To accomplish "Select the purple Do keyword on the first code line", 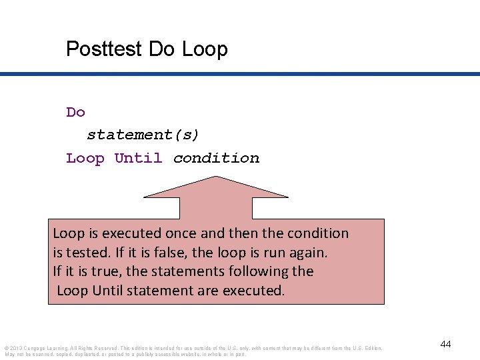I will [75, 112].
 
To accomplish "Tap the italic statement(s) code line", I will [143, 135].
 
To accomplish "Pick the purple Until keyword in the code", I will [138, 158].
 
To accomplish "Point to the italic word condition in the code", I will [216, 158].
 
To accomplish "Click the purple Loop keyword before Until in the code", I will [85, 158].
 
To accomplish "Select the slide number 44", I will [445, 344].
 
